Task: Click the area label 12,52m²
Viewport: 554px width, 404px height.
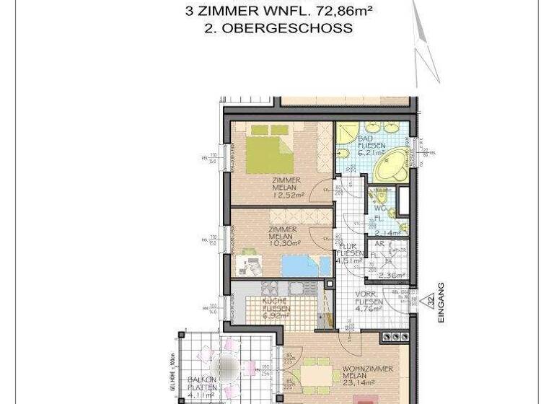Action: (x=286, y=194)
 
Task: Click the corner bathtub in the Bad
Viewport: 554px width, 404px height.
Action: (x=390, y=167)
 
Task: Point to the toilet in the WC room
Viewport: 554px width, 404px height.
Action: (x=378, y=196)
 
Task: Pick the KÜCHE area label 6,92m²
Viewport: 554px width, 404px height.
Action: (x=276, y=315)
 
